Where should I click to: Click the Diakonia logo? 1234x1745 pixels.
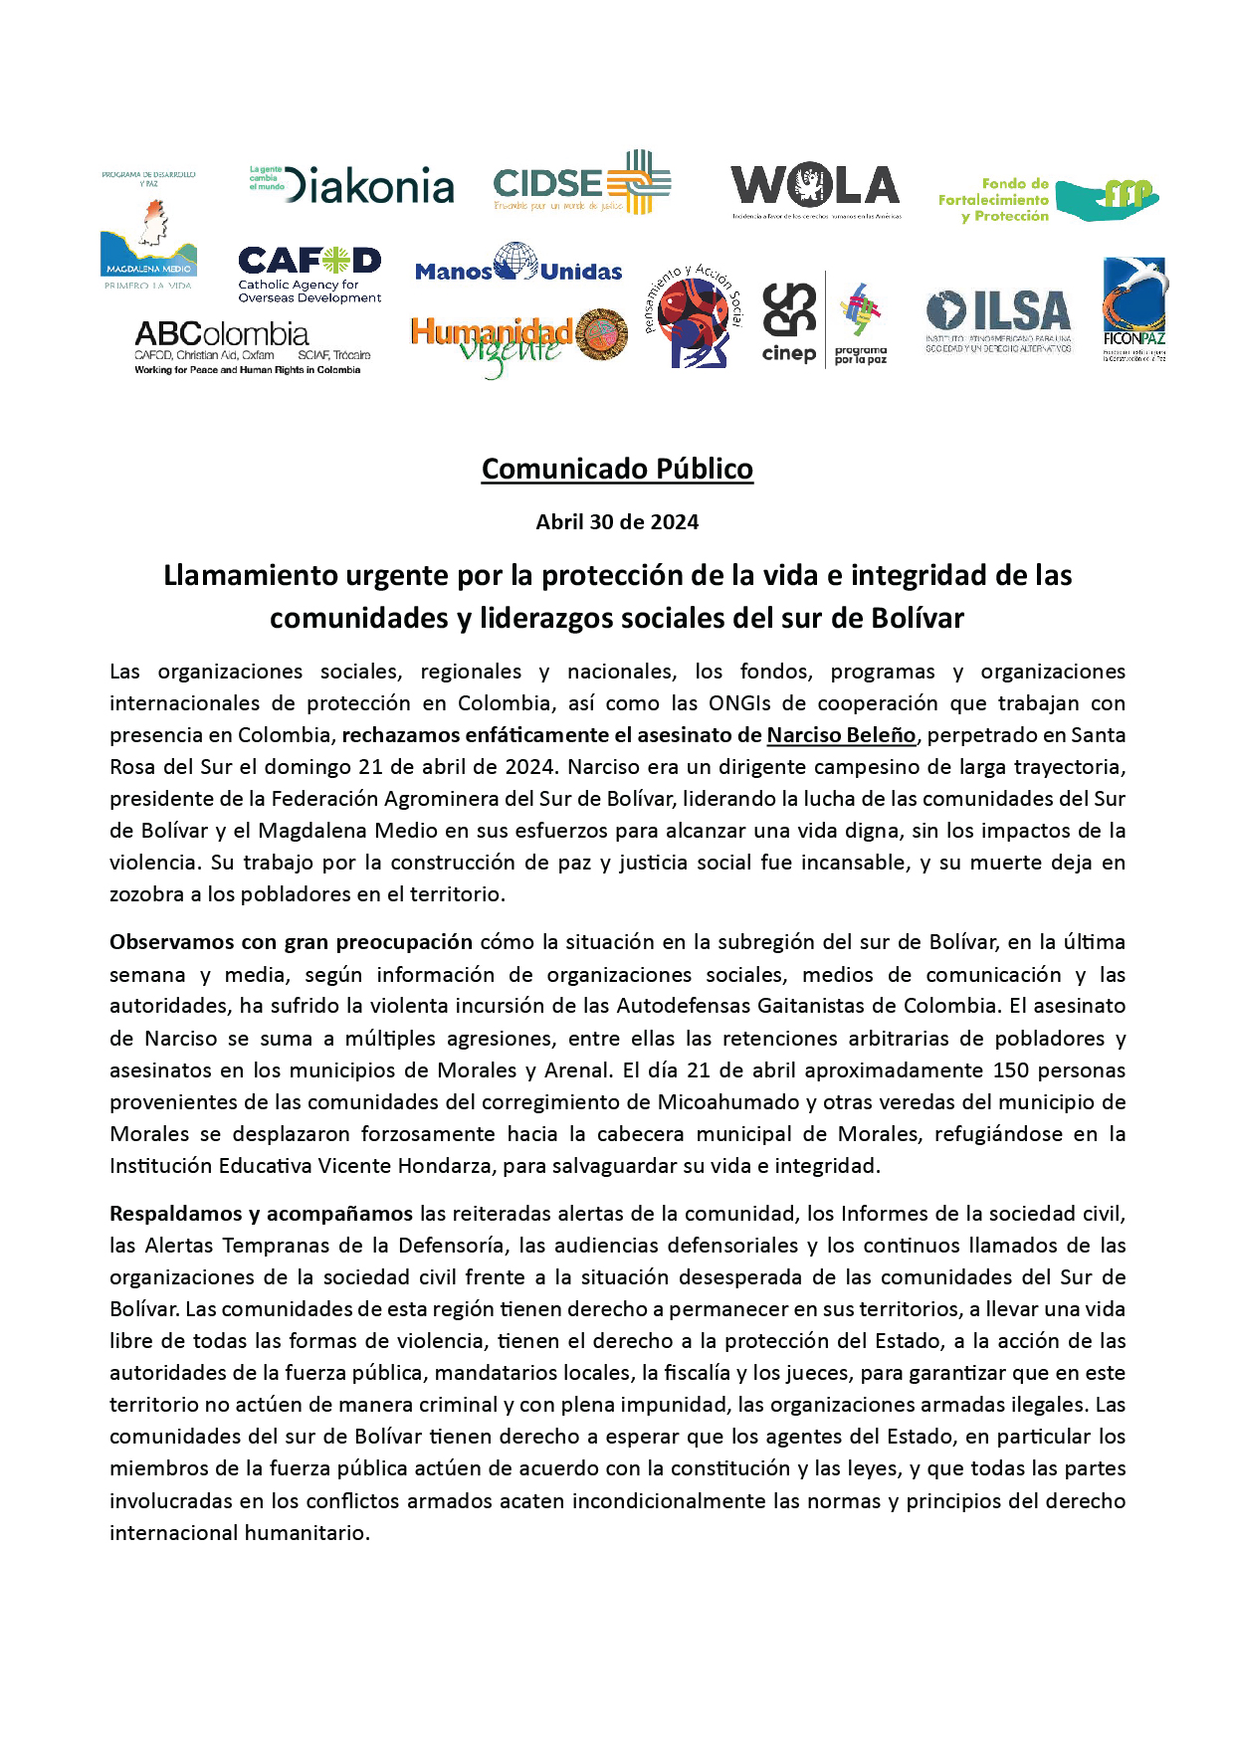click(x=352, y=185)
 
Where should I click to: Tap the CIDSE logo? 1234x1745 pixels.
click(x=582, y=183)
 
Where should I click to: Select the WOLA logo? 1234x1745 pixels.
click(x=815, y=188)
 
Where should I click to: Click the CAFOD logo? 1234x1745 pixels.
click(x=309, y=274)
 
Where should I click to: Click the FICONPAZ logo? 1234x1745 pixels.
click(x=1134, y=309)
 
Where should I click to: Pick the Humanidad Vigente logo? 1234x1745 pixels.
click(x=518, y=341)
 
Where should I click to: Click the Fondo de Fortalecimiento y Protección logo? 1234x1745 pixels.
click(x=1048, y=200)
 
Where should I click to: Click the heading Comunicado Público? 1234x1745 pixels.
click(x=617, y=469)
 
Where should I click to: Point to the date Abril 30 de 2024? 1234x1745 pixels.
click(x=617, y=522)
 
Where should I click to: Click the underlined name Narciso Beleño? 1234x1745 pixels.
click(x=841, y=735)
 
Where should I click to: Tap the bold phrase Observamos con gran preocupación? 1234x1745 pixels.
click(x=291, y=942)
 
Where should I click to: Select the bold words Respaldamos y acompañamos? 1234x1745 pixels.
click(x=261, y=1214)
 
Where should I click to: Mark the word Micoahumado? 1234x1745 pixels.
click(x=728, y=1102)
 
